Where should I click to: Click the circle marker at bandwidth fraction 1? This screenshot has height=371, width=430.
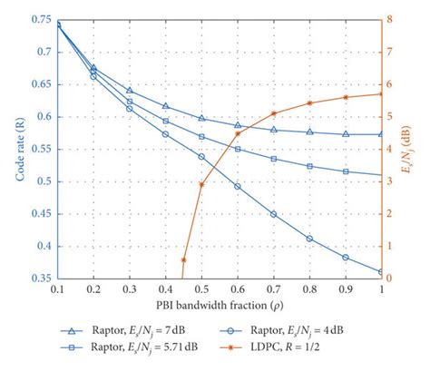(381, 271)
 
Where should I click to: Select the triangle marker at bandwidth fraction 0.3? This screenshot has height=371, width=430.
(130, 91)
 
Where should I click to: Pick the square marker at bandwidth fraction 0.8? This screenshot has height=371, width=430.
(309, 166)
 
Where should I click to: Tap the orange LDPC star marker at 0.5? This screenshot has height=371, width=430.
(201, 184)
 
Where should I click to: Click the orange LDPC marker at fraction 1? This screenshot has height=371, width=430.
(381, 93)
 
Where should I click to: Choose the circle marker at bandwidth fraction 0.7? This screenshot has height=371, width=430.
(273, 214)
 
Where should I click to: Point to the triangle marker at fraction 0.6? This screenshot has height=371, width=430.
(238, 125)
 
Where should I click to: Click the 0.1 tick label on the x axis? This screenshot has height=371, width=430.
(57, 289)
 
